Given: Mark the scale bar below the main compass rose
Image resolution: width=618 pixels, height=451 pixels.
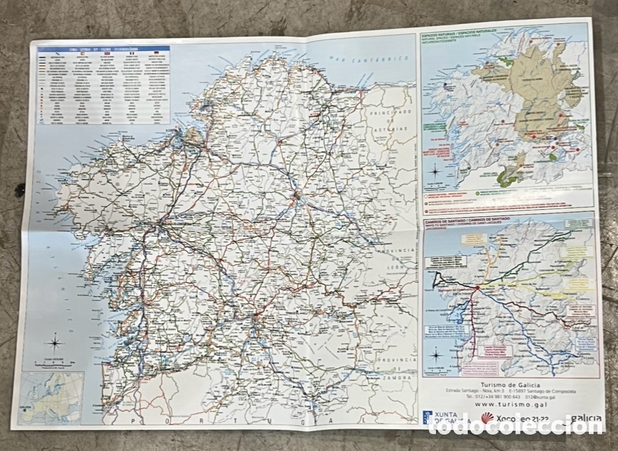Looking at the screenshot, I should [54, 363].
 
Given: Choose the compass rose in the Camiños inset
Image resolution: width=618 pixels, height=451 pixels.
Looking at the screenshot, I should [437, 354].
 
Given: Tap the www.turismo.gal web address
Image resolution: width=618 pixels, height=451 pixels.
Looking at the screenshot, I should [508, 403].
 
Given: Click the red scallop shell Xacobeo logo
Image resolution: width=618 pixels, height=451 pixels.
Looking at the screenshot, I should [487, 417].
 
